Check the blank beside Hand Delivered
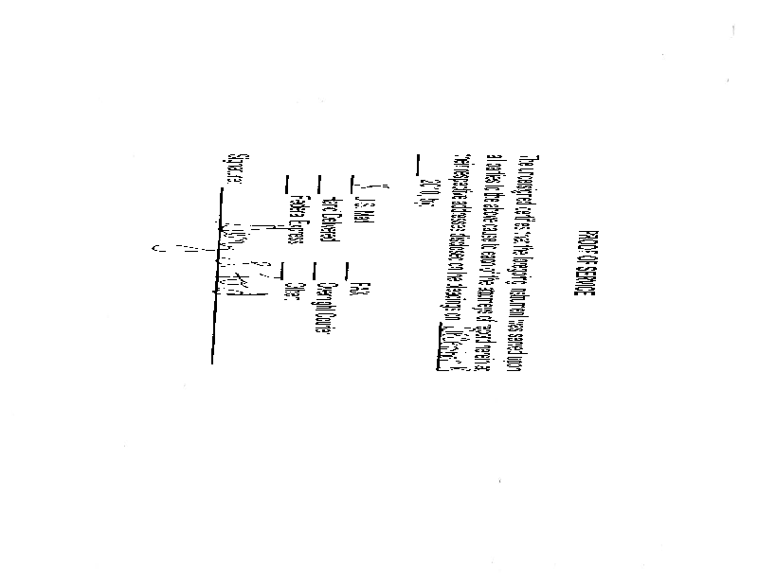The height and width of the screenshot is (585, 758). tap(323, 181)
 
